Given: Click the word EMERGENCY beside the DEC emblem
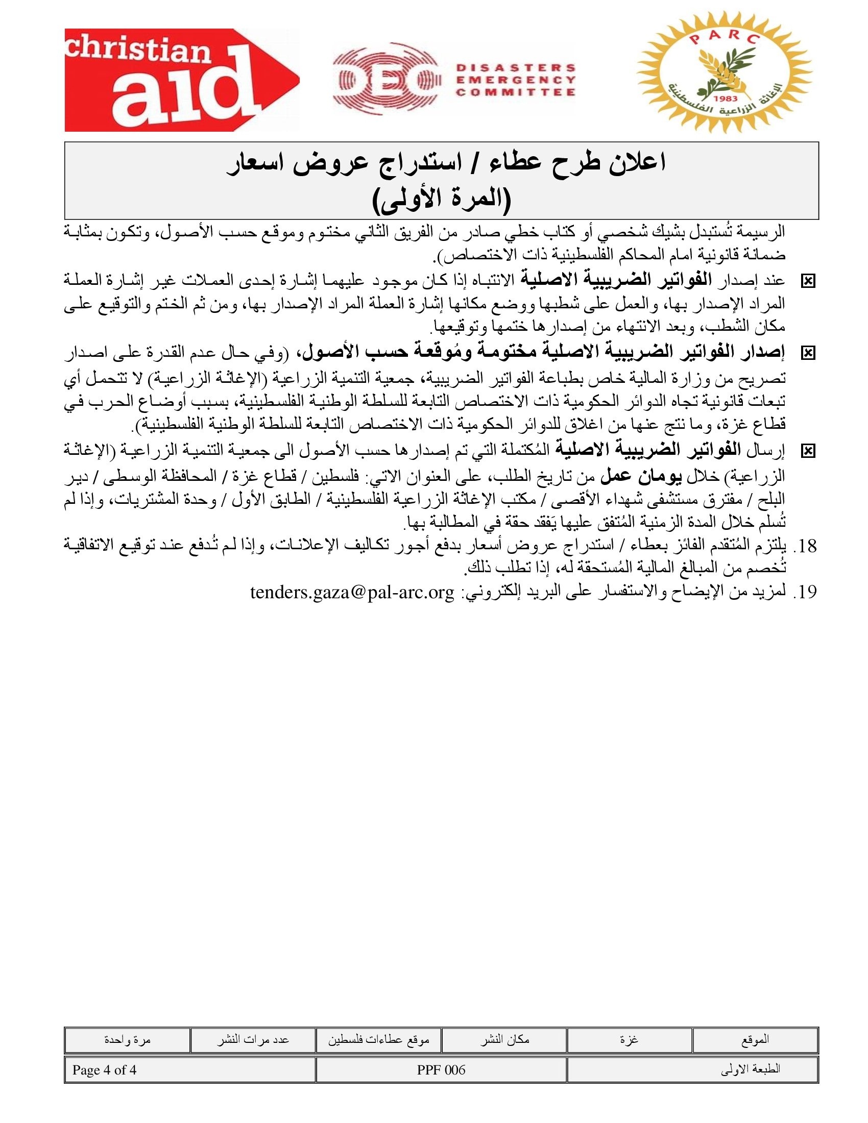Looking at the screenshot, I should [515, 80].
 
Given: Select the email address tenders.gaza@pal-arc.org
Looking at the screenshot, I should [352, 593].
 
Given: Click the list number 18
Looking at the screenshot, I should [805, 546].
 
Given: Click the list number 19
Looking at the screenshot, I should [805, 593].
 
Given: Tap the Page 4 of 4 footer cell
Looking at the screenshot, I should [104, 1070].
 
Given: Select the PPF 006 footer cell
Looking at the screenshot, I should [441, 1070].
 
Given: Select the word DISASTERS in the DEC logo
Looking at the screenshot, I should [515, 67].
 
